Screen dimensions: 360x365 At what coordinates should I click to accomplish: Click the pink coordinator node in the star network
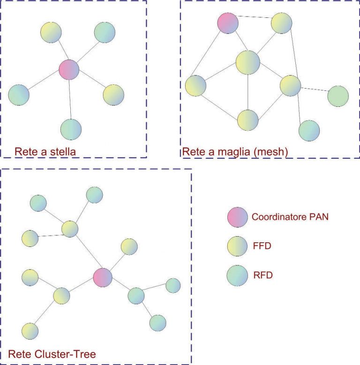click(69, 70)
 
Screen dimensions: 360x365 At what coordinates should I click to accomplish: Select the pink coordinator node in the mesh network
click(228, 23)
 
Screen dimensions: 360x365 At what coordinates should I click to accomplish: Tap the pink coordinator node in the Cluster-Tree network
click(103, 277)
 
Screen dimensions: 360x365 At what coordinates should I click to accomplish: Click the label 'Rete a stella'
click(45, 152)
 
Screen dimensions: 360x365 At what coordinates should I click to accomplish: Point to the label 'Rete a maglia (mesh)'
click(235, 152)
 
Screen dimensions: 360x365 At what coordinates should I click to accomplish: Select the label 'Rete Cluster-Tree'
click(52, 354)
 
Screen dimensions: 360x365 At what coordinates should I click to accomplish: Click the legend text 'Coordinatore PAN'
click(290, 217)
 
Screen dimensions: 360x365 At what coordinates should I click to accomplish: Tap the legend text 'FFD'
click(262, 246)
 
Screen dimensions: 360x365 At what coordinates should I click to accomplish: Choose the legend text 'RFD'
click(263, 275)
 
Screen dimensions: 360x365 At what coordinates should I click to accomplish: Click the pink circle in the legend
click(237, 217)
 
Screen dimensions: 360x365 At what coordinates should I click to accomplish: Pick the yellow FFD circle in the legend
click(237, 246)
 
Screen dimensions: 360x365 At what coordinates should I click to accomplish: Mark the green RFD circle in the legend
click(237, 276)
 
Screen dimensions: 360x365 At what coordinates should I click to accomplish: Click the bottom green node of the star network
click(71, 129)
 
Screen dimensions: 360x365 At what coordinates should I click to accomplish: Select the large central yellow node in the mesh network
click(248, 63)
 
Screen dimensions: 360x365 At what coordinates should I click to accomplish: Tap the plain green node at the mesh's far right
click(338, 96)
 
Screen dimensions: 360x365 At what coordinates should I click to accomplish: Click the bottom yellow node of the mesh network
click(248, 120)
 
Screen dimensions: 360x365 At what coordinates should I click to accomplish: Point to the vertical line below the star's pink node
click(70, 99)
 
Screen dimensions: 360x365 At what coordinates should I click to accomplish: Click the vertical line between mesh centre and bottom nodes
click(248, 92)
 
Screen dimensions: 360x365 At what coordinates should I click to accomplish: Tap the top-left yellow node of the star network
click(51, 32)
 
